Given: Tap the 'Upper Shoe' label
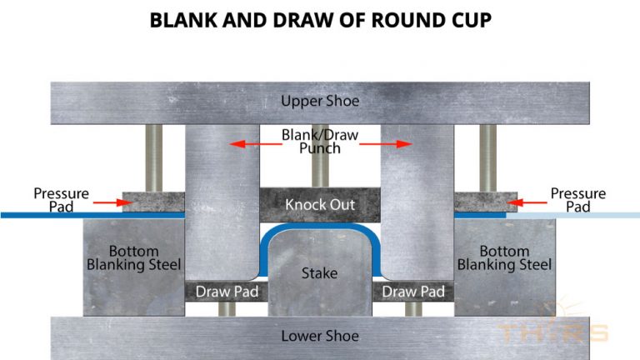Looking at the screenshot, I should [320, 101].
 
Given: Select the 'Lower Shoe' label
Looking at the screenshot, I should [320, 336].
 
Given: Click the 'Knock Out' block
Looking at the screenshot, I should [320, 204].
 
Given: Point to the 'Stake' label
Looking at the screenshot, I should [320, 272].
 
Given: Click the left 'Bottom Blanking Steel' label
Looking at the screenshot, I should [134, 257].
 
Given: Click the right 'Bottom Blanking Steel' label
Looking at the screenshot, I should [505, 257].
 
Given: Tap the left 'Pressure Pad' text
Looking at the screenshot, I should [61, 200].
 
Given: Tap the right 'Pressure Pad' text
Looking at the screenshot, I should [578, 200].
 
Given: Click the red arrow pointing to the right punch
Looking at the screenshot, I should [397, 144].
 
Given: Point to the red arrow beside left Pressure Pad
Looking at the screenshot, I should [106, 201].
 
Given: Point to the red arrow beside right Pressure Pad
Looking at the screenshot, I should [532, 201].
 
